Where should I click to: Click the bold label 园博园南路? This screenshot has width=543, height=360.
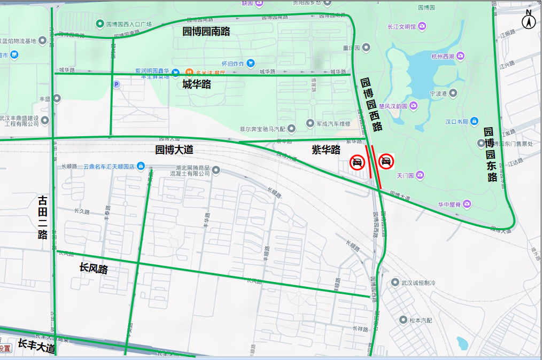point(206,32)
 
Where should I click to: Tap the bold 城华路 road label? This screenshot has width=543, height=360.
point(197,84)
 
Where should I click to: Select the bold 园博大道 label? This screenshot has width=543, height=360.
point(174,150)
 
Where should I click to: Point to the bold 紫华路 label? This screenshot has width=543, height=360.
point(326,150)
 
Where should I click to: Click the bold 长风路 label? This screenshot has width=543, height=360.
point(94,268)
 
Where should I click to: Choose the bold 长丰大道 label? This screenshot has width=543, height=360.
point(36,346)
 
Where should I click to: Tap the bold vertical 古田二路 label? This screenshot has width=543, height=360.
point(43,217)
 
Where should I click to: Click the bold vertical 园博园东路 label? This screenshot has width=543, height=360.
point(491,155)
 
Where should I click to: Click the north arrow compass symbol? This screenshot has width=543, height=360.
point(529,20)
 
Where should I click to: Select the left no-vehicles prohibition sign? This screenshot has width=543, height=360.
point(357,162)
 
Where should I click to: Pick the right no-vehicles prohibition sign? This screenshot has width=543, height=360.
point(386,161)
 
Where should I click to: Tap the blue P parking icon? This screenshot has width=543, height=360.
point(117,84)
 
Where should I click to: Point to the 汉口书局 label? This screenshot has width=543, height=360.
point(457,122)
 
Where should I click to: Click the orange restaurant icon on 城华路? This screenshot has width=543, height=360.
point(189,72)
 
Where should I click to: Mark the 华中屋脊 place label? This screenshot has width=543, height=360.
point(450,204)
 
